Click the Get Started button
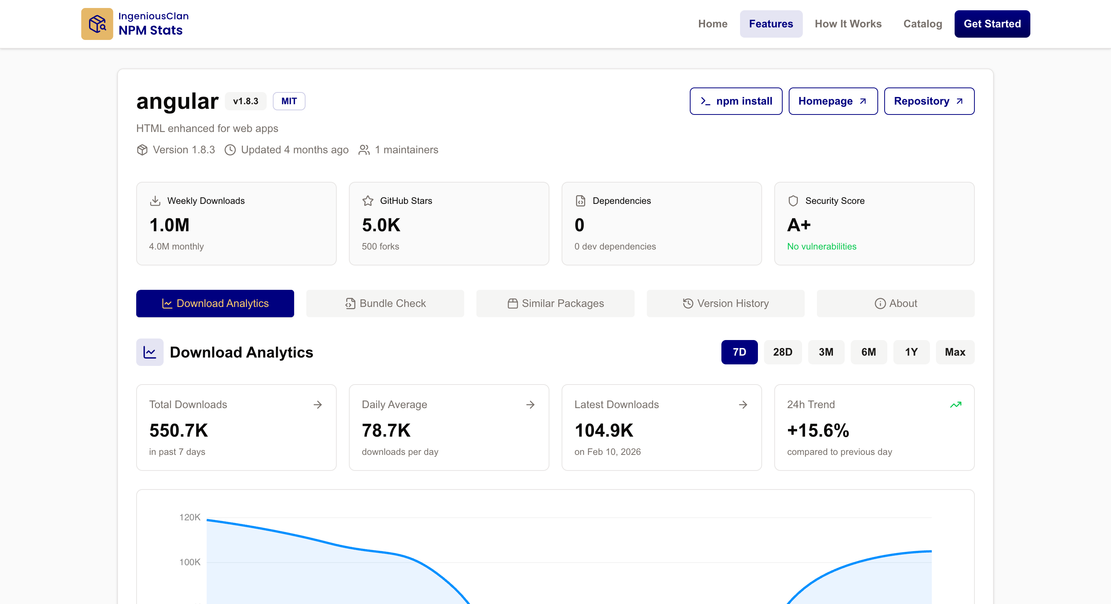(x=992, y=24)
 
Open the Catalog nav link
(x=922, y=24)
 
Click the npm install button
(x=735, y=101)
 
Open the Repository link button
(x=929, y=101)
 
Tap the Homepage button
(x=832, y=101)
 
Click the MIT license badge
(x=288, y=101)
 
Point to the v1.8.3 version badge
(x=245, y=101)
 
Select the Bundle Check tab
(x=385, y=303)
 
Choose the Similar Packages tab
(x=555, y=303)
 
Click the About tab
(x=895, y=303)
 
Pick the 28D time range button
(x=782, y=352)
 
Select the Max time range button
(x=955, y=352)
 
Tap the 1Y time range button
(x=911, y=352)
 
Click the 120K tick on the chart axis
(x=190, y=517)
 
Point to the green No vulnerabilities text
(x=821, y=246)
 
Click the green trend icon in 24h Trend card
(x=955, y=404)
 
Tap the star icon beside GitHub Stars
(x=368, y=200)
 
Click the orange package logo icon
(x=97, y=24)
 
